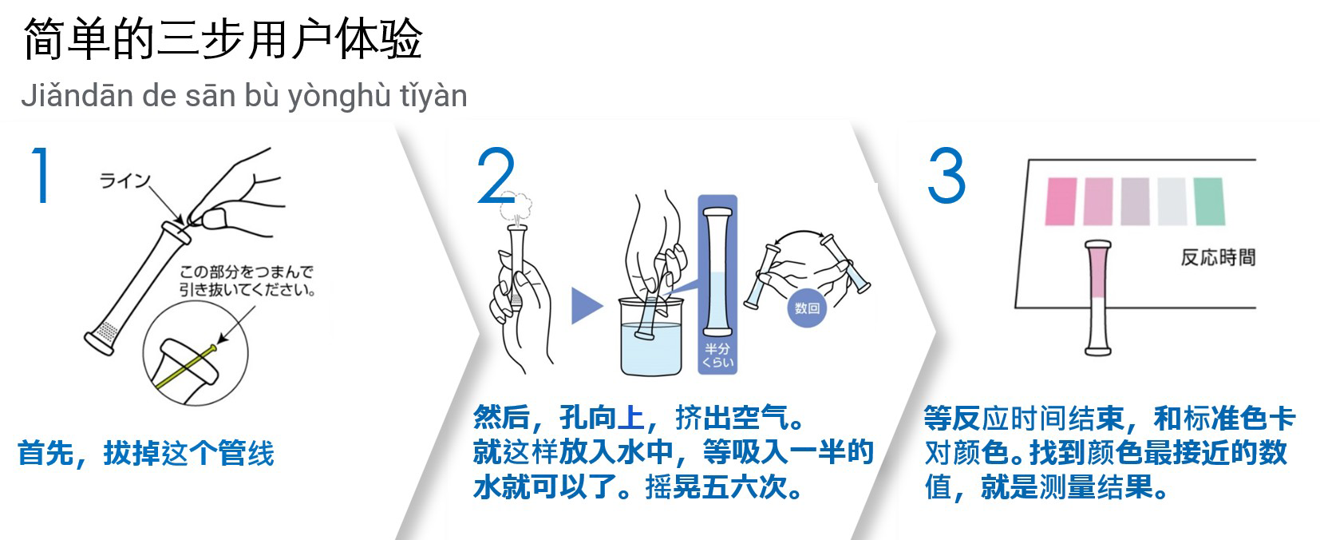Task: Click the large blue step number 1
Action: click(41, 175)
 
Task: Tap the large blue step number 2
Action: click(496, 175)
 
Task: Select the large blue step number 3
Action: click(947, 175)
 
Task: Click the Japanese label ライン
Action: click(125, 180)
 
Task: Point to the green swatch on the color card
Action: click(1209, 201)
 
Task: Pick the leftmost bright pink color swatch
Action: click(1061, 201)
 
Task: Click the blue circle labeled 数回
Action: click(807, 308)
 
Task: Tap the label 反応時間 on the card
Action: click(1218, 257)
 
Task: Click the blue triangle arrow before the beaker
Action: click(587, 305)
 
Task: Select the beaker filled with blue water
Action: click(651, 336)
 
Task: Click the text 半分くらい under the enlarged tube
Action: click(718, 355)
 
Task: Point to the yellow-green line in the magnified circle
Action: click(186, 368)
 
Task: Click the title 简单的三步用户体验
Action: click(223, 39)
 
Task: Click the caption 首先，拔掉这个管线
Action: click(146, 454)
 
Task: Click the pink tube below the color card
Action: click(1098, 298)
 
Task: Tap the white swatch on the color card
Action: click(1172, 201)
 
